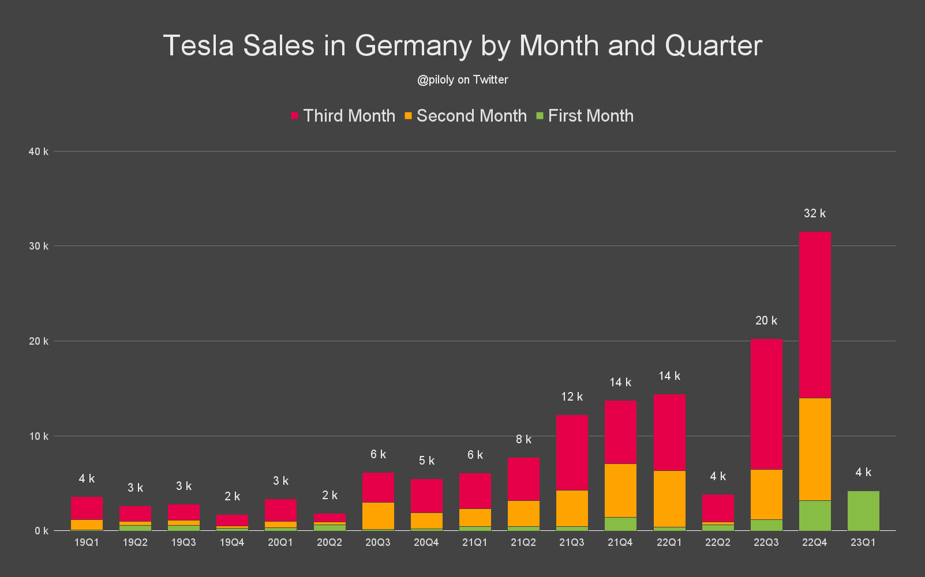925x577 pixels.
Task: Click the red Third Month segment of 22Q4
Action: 815,314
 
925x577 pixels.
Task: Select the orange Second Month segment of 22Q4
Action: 815,449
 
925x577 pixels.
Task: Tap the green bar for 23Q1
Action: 863,511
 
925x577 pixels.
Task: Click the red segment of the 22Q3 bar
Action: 766,403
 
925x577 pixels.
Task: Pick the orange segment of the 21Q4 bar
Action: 620,491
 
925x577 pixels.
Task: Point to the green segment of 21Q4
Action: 620,524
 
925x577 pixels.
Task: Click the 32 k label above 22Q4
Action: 815,213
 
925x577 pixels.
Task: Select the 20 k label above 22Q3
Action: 766,320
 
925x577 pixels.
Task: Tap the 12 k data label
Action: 572,397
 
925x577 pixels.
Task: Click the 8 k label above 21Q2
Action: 523,439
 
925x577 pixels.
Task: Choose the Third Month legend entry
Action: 343,116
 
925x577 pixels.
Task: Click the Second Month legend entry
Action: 466,116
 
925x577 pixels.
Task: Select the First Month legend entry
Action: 585,116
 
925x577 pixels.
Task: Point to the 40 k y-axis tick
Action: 38,152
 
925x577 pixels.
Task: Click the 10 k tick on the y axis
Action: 38,436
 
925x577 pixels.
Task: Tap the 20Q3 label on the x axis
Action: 378,542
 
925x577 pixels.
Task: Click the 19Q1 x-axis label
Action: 87,542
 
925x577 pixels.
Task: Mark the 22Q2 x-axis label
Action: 718,542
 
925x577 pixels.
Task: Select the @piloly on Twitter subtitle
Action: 463,80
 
